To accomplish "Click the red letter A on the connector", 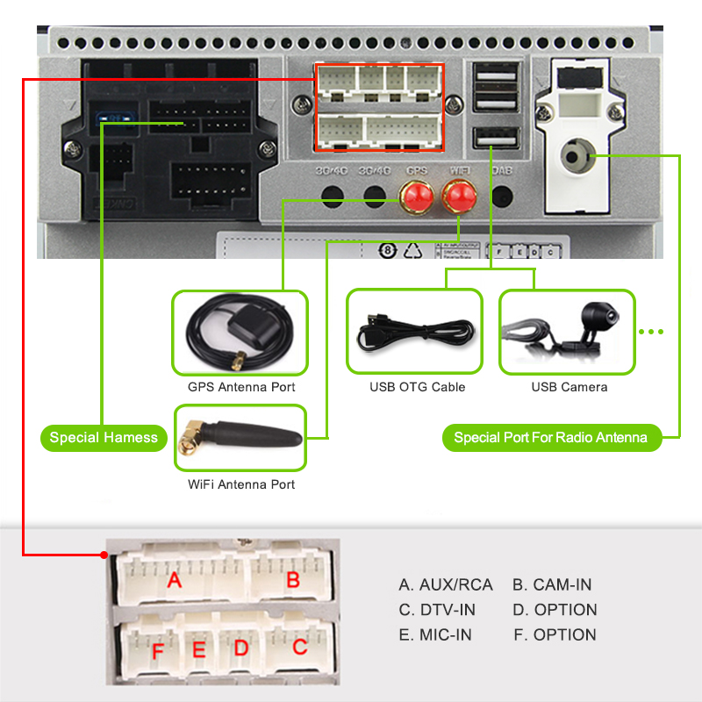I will pyautogui.click(x=175, y=580).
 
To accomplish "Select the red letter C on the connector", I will pyautogui.click(x=300, y=648).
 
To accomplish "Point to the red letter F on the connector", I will pyautogui.click(x=158, y=652).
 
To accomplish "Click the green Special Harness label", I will pyautogui.click(x=104, y=438).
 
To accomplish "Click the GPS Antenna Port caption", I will pyautogui.click(x=241, y=387).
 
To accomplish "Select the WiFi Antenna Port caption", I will pyautogui.click(x=241, y=484).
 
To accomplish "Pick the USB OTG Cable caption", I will pyautogui.click(x=418, y=387).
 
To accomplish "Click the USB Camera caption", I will pyautogui.click(x=569, y=387).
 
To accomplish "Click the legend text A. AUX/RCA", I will pyautogui.click(x=446, y=585).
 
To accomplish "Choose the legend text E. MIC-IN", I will pyautogui.click(x=436, y=634).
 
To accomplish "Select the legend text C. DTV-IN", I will pyautogui.click(x=437, y=610).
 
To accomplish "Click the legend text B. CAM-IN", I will pyautogui.click(x=552, y=585).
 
